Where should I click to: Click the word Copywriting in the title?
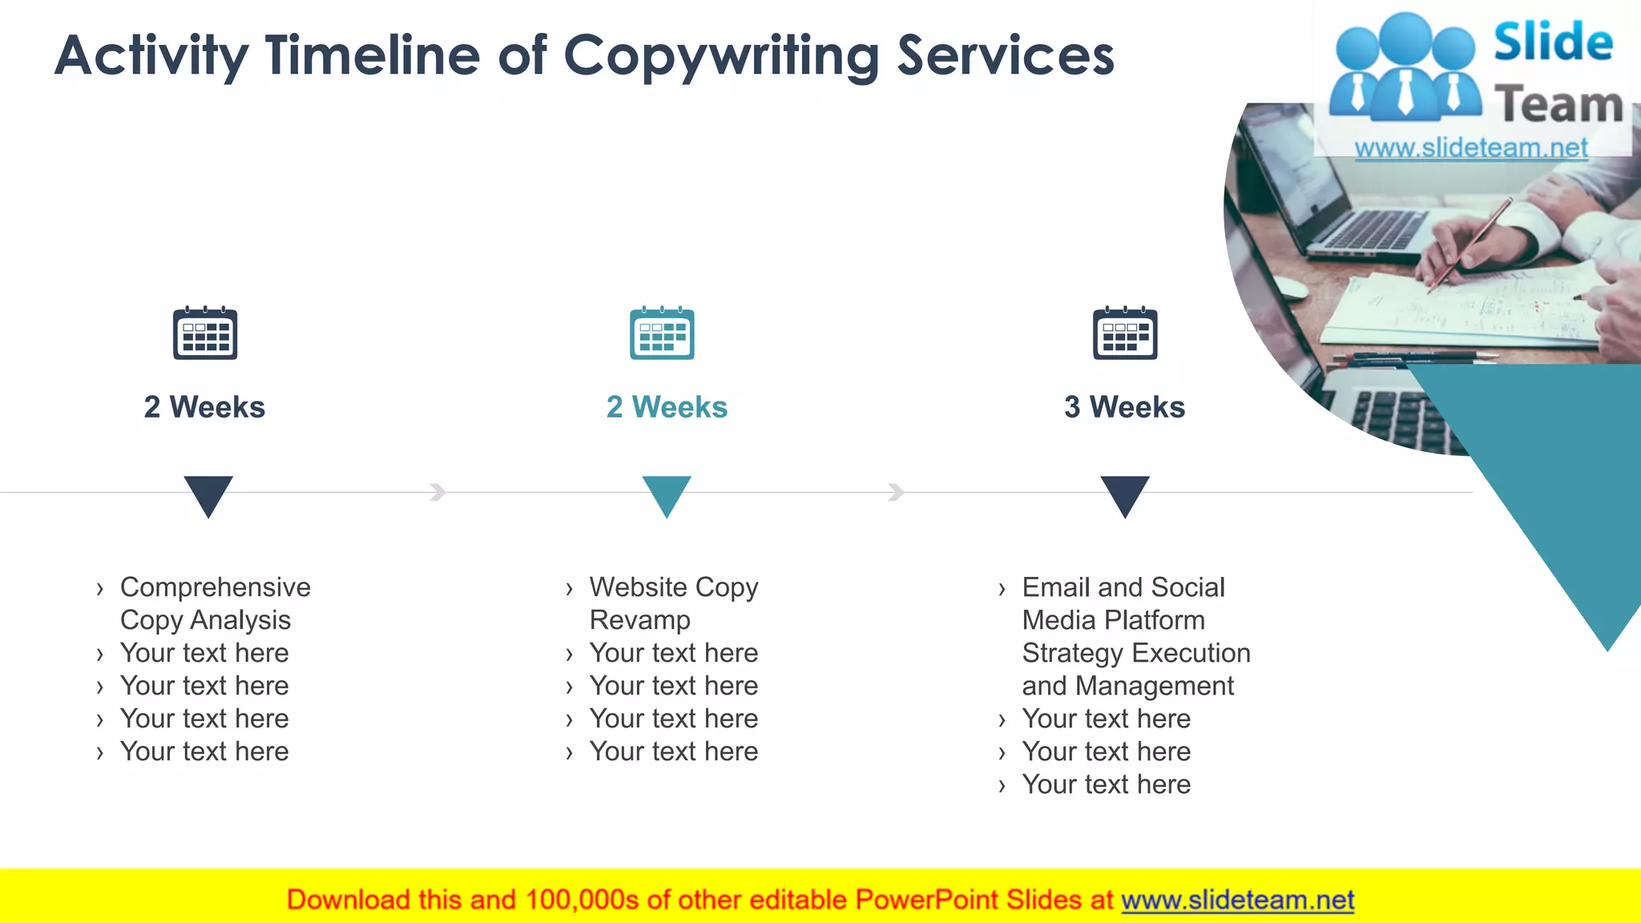(721, 56)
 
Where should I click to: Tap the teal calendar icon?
(662, 333)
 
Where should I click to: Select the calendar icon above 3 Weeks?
(1125, 333)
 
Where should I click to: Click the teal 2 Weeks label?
(667, 407)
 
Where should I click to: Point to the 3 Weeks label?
(1124, 407)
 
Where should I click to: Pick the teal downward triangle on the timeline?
(667, 494)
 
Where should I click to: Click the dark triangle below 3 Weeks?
(1125, 494)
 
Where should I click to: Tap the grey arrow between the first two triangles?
(437, 492)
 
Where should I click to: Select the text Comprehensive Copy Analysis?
(215, 603)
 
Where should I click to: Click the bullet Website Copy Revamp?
(673, 603)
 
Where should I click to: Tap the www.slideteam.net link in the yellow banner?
(1237, 900)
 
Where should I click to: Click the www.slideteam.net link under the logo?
(1471, 147)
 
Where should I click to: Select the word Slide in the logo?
(1553, 42)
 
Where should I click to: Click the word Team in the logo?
(1558, 105)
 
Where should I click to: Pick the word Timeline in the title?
(373, 56)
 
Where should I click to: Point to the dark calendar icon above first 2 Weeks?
(205, 333)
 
